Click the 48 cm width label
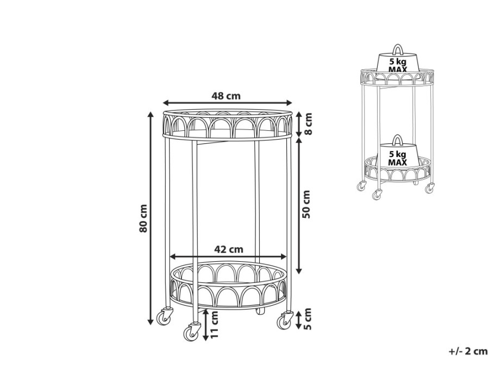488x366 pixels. (x=226, y=96)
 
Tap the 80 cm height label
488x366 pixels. (x=143, y=218)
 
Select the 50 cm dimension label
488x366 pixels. (x=306, y=204)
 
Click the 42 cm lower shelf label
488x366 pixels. (x=229, y=249)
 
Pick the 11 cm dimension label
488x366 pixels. (x=215, y=325)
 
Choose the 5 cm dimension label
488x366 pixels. (x=307, y=319)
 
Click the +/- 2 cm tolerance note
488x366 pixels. (x=468, y=351)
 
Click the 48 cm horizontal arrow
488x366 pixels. (x=228, y=103)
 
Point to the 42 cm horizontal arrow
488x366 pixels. (x=228, y=256)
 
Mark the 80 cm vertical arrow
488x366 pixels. (x=151, y=218)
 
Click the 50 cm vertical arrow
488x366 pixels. (x=299, y=206)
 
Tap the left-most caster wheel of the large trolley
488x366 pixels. (x=164, y=317)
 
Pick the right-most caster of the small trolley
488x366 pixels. (x=430, y=188)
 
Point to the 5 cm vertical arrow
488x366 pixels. (x=298, y=320)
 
